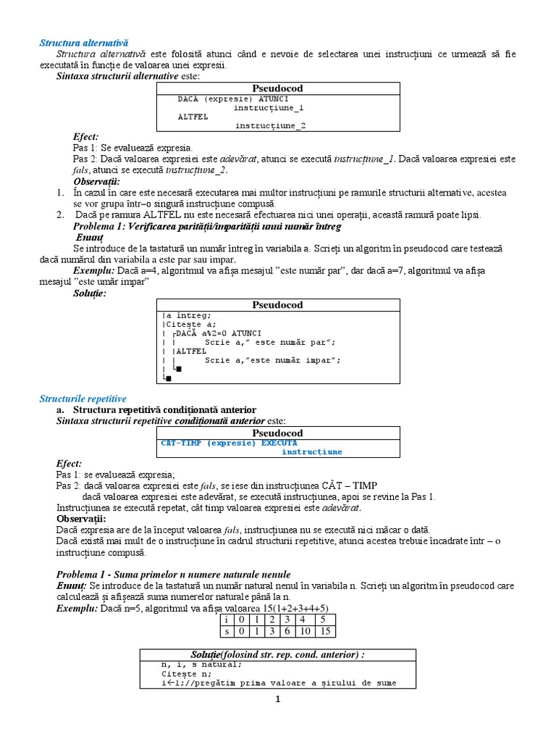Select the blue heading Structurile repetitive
pos(83,399)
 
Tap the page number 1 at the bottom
pos(277,699)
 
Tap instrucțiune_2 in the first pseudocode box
pos(269,125)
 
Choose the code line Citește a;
pos(190,324)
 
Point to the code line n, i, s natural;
pos(202,664)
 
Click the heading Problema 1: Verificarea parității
pos(206,227)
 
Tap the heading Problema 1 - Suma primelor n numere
pos(174,574)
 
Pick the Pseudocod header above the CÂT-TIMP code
pos(278,433)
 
